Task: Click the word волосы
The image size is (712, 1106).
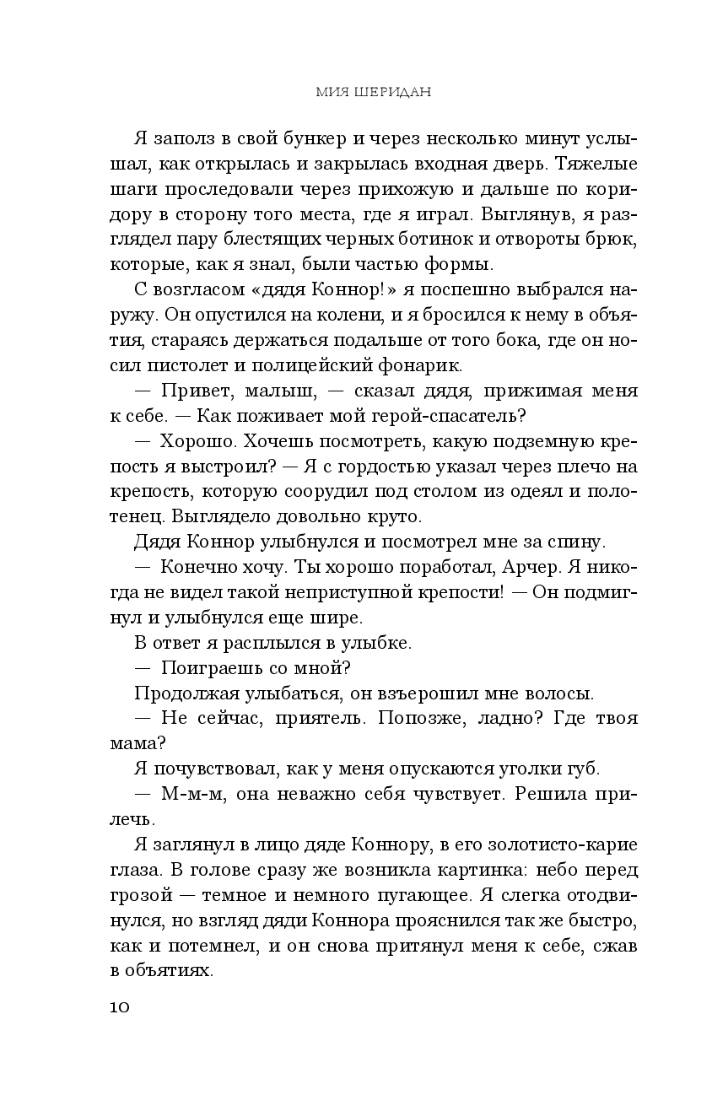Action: click(x=554, y=693)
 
